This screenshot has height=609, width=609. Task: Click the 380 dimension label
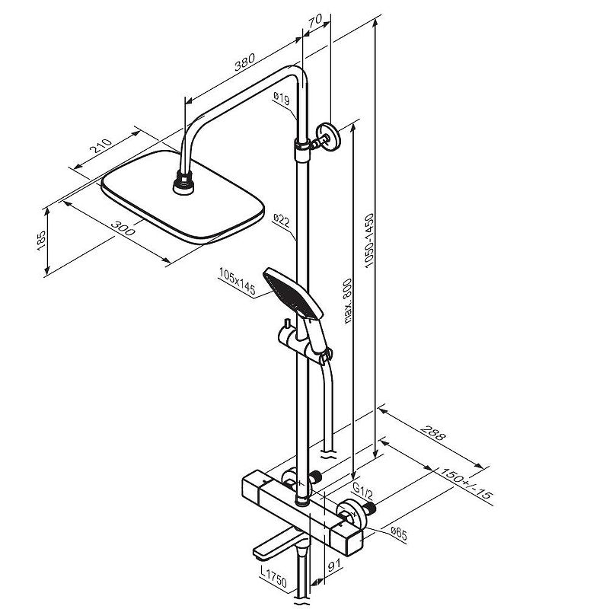coord(244,62)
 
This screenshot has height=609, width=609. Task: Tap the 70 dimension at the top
coord(315,21)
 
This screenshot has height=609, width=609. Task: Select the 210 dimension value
coord(101,145)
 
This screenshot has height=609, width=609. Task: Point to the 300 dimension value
coord(123,228)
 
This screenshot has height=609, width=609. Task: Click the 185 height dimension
coord(41,241)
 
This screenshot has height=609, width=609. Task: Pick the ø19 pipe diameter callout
coord(281,98)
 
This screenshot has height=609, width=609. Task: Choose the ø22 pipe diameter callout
coord(281,220)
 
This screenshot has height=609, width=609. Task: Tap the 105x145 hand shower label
coord(237,281)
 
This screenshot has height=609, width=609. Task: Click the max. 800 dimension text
coord(348,301)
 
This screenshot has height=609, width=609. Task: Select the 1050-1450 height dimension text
coord(369,241)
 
